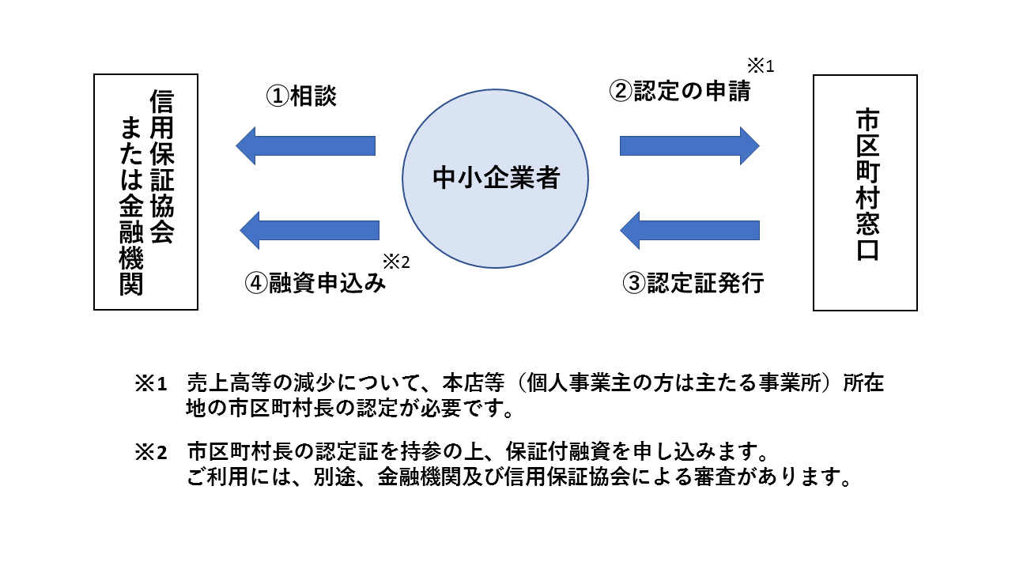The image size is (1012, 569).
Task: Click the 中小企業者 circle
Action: [x=496, y=179]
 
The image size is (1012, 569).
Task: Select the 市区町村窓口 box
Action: [x=865, y=193]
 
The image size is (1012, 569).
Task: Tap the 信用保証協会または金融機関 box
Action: [x=145, y=193]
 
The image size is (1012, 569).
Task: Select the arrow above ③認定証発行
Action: [x=689, y=230]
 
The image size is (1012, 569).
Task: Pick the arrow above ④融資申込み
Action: [x=309, y=230]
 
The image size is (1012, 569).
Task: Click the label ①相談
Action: [x=300, y=96]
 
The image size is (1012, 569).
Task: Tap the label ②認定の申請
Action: [x=679, y=91]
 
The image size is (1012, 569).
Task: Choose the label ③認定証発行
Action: [x=693, y=283]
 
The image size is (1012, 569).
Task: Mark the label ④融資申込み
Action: [x=315, y=283]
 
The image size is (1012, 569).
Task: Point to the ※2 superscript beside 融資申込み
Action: [x=396, y=262]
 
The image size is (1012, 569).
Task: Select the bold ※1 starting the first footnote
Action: [x=151, y=385]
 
